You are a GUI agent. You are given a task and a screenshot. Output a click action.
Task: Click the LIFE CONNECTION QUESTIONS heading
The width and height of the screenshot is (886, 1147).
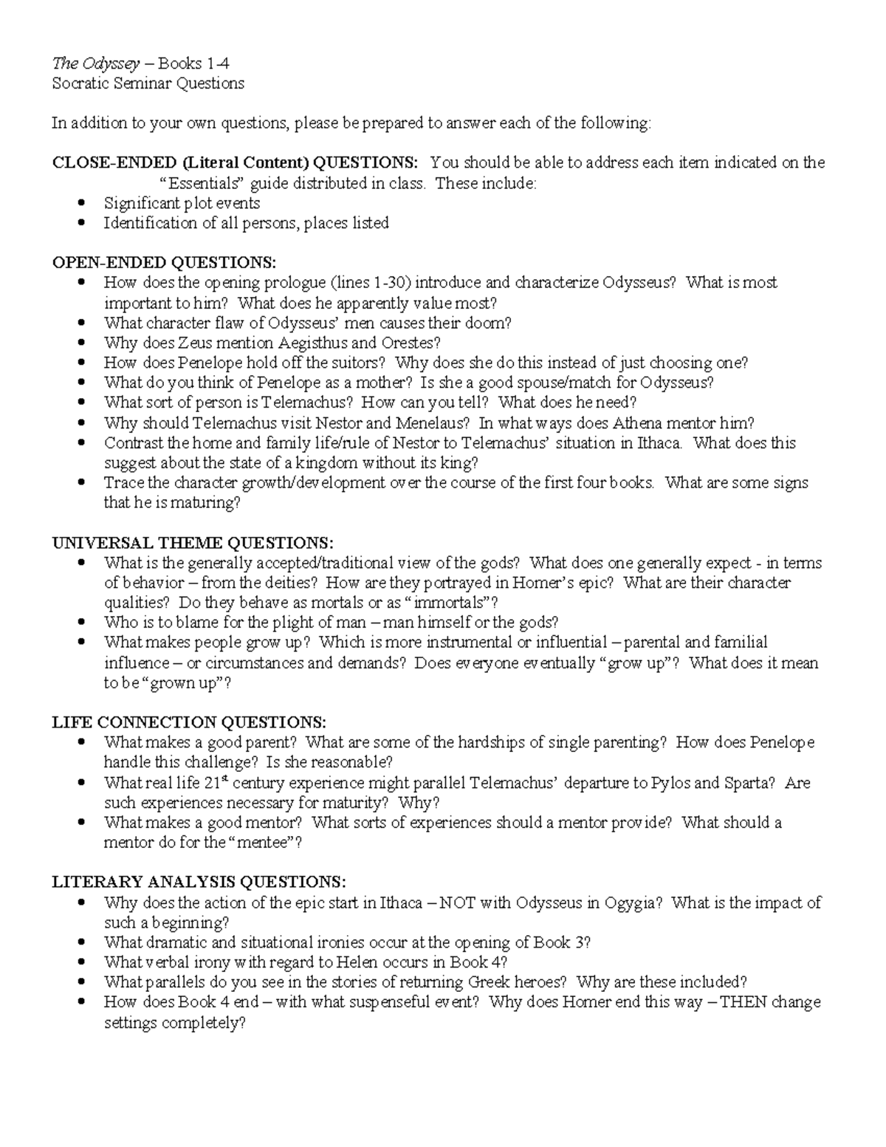(x=189, y=722)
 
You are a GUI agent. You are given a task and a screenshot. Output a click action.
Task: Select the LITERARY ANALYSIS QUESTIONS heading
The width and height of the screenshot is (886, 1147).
(x=199, y=882)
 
